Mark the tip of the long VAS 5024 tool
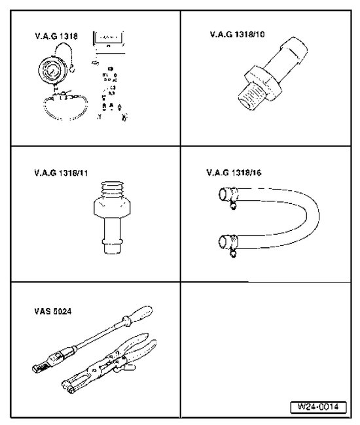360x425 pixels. click(x=36, y=368)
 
